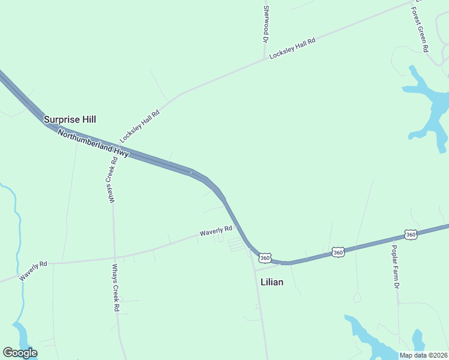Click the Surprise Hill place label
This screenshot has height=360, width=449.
[70, 119]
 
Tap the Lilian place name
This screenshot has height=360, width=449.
[272, 281]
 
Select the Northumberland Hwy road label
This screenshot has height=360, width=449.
[93, 144]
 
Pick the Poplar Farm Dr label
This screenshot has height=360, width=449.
[395, 266]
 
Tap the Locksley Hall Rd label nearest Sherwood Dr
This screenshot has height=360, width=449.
[292, 48]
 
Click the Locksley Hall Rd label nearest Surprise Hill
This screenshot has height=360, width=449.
[139, 126]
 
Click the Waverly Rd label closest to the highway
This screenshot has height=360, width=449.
[216, 230]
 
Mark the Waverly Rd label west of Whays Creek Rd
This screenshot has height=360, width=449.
[33, 271]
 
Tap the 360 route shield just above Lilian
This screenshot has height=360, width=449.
[265, 257]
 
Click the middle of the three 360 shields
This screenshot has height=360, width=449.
[339, 253]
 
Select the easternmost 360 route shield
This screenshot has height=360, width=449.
[411, 234]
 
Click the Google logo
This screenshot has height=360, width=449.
[20, 353]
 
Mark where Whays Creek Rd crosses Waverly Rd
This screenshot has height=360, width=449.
[115, 257]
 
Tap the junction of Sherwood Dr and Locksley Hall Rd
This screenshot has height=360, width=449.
[265, 59]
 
